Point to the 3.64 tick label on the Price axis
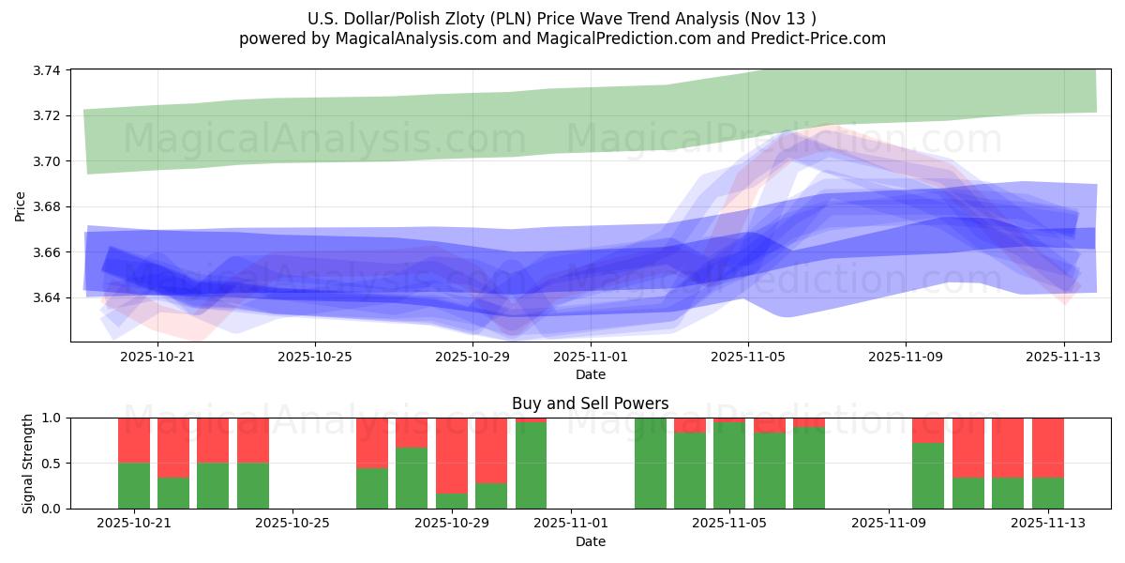[x=48, y=297]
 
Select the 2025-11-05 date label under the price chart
[x=747, y=357]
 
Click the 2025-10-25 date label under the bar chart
[x=293, y=524]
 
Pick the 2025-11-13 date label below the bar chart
[x=1047, y=524]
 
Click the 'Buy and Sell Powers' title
[x=590, y=403]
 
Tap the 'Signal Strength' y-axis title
[x=28, y=463]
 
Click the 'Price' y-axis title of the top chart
[x=21, y=205]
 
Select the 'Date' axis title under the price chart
[x=590, y=374]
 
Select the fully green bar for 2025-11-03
[x=650, y=464]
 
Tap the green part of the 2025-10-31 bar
[x=531, y=465]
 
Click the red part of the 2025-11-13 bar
[x=1047, y=448]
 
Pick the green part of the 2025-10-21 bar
[x=134, y=486]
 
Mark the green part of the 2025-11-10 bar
[x=927, y=476]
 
